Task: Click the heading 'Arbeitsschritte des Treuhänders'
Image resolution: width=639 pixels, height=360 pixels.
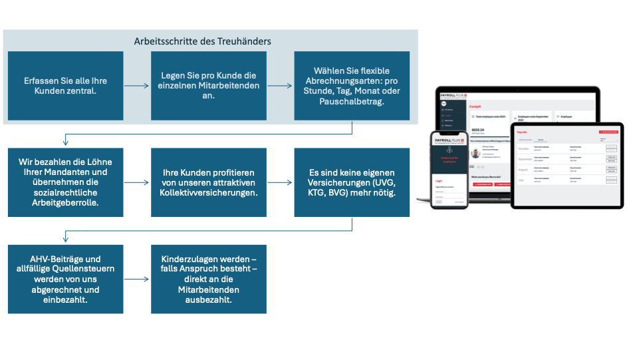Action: [x=202, y=41]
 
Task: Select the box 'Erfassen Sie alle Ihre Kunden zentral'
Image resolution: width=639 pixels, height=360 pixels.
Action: [x=65, y=86]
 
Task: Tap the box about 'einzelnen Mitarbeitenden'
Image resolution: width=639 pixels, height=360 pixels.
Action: [x=209, y=86]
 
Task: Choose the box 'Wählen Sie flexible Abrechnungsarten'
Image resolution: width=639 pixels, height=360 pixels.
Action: [x=352, y=86]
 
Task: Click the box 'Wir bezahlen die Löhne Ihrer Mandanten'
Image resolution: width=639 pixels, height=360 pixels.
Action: [x=65, y=182]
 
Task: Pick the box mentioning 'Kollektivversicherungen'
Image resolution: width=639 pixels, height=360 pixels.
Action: [x=209, y=182]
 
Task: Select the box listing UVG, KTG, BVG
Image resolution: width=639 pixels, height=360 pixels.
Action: [x=352, y=182]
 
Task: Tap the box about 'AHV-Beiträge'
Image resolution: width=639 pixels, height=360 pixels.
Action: [x=65, y=279]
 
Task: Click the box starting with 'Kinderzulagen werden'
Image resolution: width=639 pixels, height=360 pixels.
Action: [x=209, y=279]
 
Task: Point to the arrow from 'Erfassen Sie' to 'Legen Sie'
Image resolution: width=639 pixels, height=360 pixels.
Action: [x=137, y=86]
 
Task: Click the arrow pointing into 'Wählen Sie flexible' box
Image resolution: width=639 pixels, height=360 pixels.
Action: [x=280, y=86]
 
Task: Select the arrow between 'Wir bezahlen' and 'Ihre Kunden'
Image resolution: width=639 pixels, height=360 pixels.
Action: [x=137, y=182]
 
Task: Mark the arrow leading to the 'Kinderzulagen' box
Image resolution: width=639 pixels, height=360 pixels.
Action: [x=137, y=279]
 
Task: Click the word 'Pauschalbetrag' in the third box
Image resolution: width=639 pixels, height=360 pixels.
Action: [x=352, y=102]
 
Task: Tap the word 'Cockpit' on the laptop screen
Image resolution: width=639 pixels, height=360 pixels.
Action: [x=475, y=106]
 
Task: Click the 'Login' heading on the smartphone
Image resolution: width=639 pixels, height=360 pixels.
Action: [x=438, y=180]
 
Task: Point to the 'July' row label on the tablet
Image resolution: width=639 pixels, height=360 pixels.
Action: [x=522, y=180]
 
